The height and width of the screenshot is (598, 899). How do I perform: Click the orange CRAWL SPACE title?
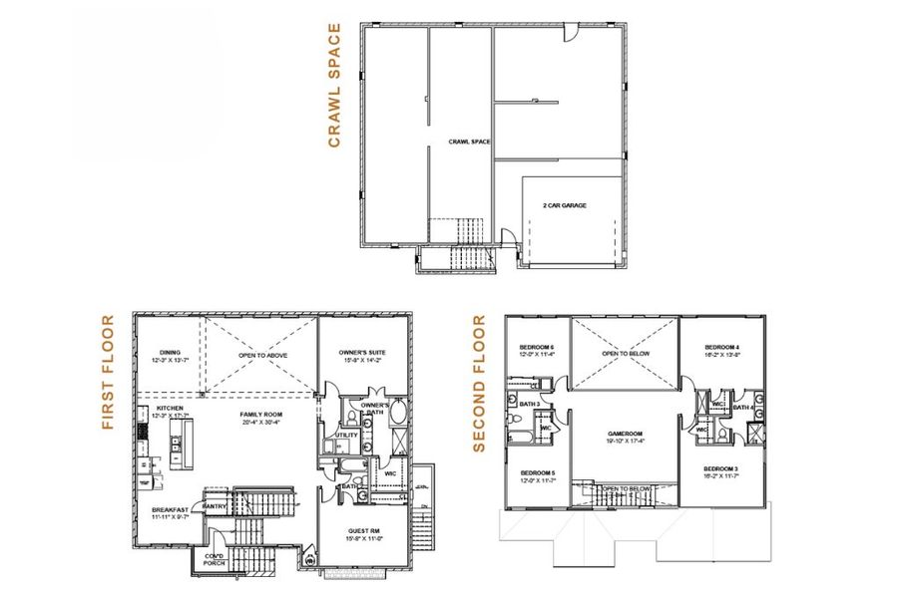point(335,86)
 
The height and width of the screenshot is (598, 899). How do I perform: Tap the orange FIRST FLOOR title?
point(109,373)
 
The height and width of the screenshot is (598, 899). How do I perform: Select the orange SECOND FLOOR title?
point(479,383)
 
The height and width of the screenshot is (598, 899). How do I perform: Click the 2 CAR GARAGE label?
point(564,205)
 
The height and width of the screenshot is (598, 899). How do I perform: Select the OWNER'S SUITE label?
point(363,354)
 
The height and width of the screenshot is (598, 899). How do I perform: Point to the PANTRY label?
point(216,506)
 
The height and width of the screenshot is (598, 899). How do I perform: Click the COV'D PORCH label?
point(215,559)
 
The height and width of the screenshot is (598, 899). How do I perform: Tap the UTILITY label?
point(347,435)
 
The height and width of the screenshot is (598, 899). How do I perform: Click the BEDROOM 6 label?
point(536,349)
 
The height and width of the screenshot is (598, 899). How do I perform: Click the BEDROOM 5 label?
point(537,472)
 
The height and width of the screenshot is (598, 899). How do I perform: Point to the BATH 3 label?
point(531,404)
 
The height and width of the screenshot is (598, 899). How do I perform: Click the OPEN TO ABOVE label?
point(260,354)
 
